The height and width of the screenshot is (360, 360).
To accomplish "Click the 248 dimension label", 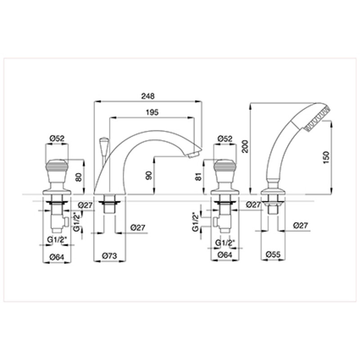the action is click(148, 96).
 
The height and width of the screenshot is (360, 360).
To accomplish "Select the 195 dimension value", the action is click(152, 112).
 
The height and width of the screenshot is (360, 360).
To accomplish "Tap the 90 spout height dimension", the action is click(149, 175).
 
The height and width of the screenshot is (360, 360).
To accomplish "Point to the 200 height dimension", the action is click(245, 146).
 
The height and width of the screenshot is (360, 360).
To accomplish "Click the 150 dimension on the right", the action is click(326, 157).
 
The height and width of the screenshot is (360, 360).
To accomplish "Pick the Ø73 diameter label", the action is click(109, 256).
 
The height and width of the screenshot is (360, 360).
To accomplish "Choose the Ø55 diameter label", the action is click(273, 254).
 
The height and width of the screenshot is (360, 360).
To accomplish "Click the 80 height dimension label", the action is click(78, 177).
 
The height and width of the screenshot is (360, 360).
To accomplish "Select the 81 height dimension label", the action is click(198, 176).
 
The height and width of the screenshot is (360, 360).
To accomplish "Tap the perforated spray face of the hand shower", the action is click(318, 119).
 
